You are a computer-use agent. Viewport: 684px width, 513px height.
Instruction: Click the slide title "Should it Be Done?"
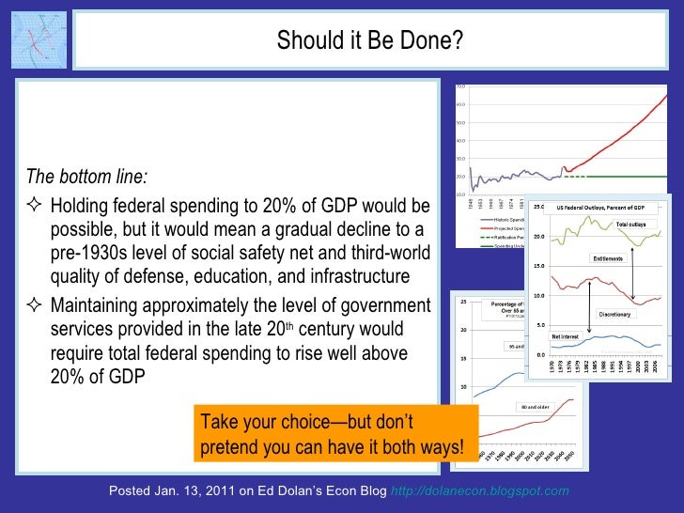369,40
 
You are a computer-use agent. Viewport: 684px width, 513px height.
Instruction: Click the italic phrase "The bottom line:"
86,178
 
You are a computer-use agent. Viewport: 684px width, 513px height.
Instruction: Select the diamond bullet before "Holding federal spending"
34,206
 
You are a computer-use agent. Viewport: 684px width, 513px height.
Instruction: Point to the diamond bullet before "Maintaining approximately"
34,305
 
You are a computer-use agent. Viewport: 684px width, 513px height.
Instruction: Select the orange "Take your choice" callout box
334,434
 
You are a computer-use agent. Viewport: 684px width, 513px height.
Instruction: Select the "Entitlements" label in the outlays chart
609,258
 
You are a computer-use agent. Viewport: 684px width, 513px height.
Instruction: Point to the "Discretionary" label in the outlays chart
615,315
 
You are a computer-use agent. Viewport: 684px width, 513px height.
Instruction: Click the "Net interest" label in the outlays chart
564,335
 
